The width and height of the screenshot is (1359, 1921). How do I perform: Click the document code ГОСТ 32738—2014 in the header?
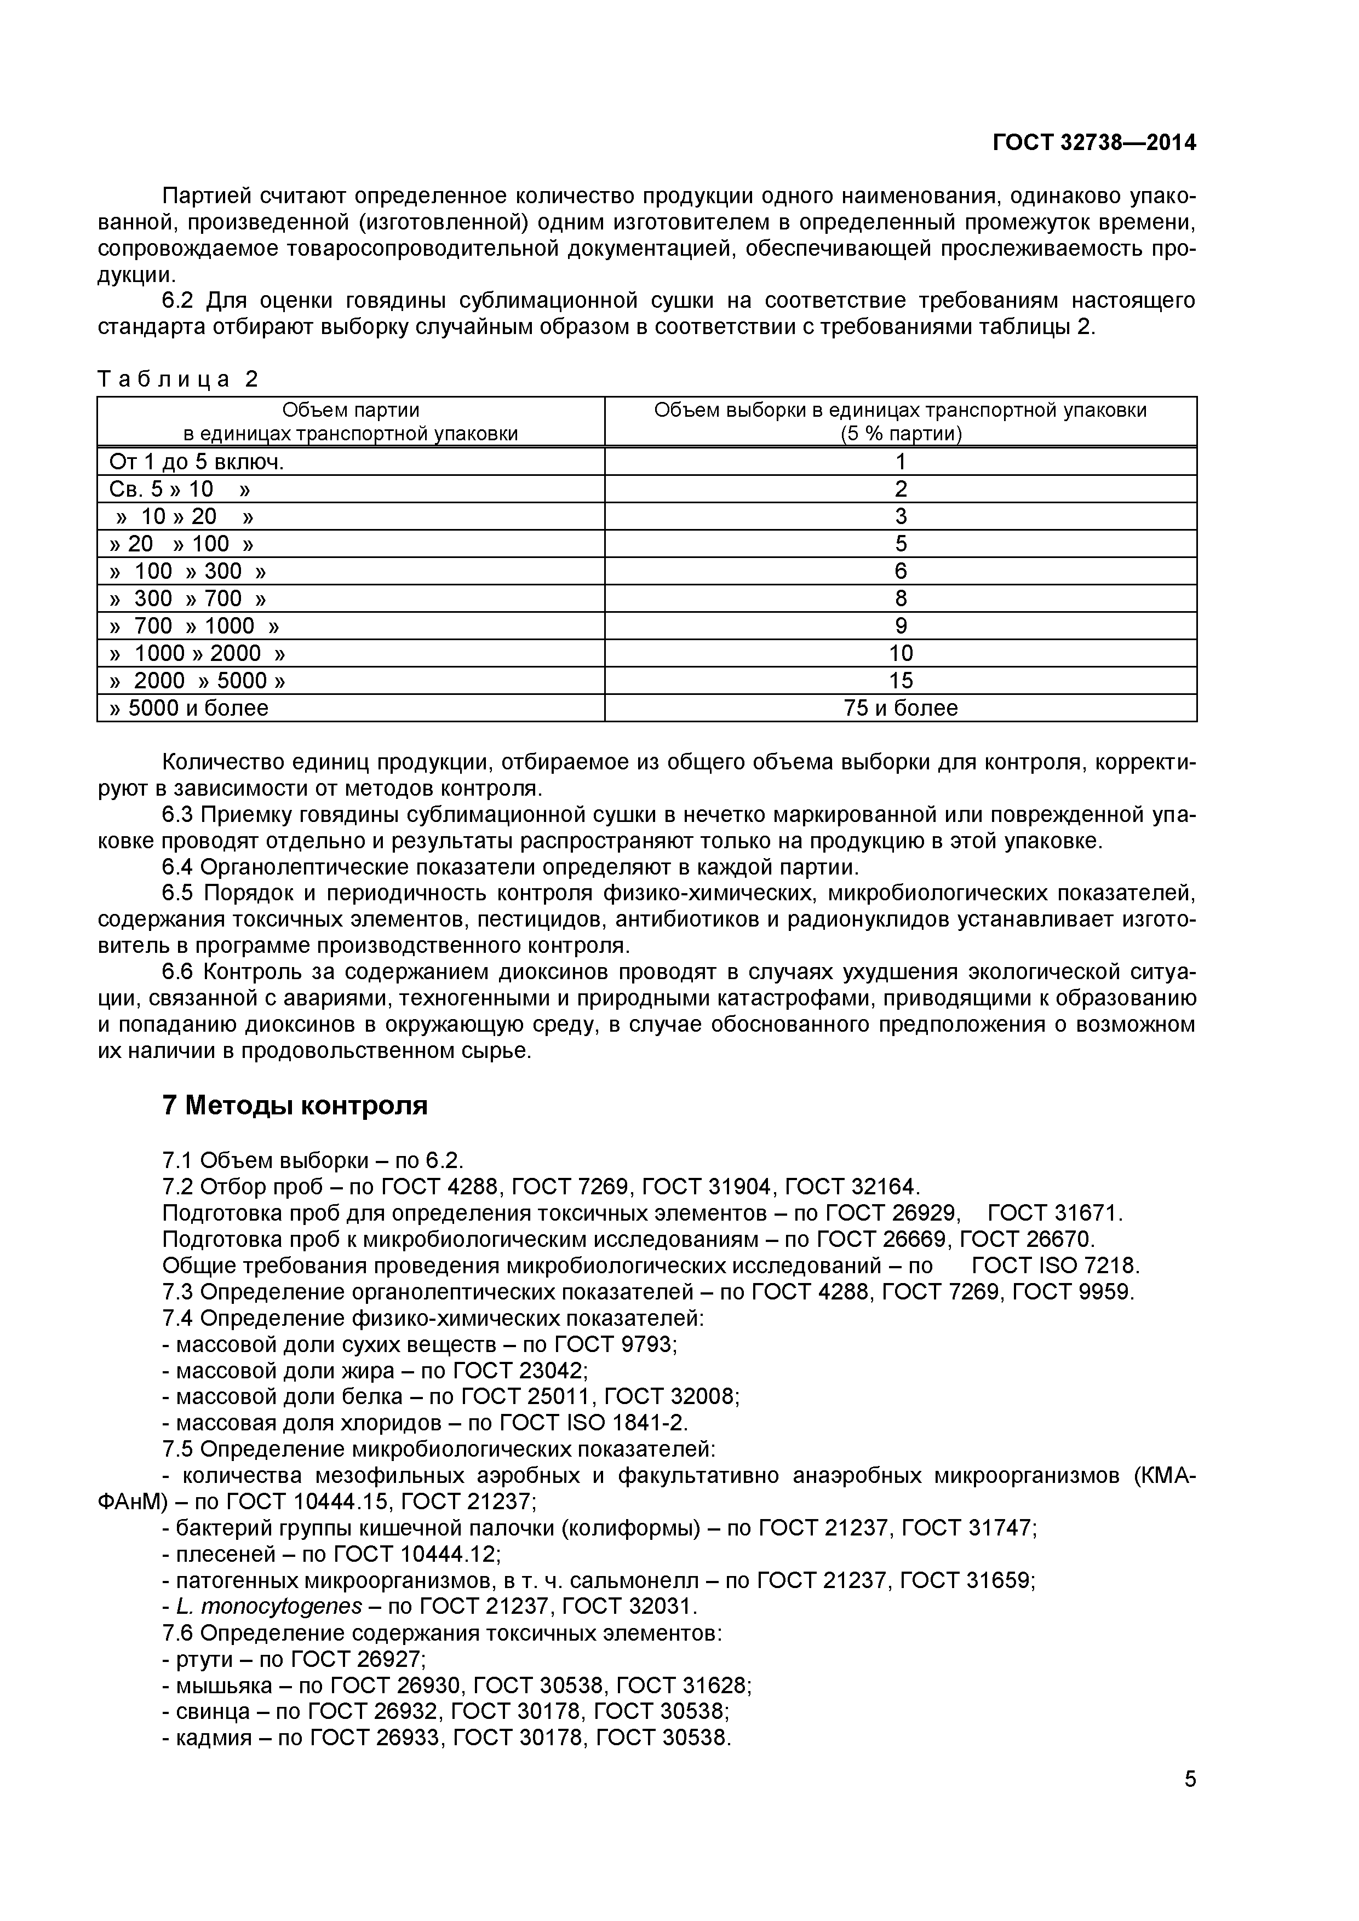click(1094, 143)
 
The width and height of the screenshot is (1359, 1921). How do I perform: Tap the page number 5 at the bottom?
click(1190, 1802)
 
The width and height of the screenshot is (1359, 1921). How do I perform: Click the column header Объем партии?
click(351, 410)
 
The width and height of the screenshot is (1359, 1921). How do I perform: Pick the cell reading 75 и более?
click(901, 708)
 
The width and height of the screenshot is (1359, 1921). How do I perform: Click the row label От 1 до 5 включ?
click(197, 462)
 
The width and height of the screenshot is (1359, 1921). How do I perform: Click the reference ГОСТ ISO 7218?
click(1056, 1265)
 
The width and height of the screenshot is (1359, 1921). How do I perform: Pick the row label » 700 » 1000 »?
click(194, 626)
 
